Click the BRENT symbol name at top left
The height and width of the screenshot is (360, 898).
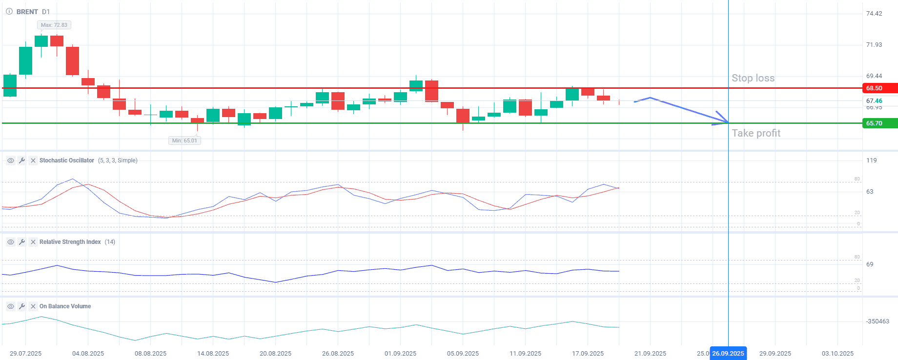[x=27, y=12]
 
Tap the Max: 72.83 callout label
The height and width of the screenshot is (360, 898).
[x=54, y=25]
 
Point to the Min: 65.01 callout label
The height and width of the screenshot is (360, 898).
[x=184, y=140]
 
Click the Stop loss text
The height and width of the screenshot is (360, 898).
[x=753, y=78]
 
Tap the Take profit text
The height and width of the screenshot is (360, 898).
[x=756, y=133]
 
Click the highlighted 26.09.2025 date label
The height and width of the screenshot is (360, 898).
[x=728, y=354]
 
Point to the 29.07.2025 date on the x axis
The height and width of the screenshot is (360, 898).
[x=25, y=354]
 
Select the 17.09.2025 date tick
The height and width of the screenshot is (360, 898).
[x=588, y=354]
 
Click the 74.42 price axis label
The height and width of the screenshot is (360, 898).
[x=874, y=14]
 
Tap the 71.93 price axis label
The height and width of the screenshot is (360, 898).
[x=874, y=45]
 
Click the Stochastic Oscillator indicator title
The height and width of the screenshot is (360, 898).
[x=67, y=160]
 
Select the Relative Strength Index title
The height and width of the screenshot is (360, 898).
[x=70, y=242]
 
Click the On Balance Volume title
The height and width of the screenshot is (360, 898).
[x=65, y=306]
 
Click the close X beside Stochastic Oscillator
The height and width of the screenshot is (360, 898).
[x=33, y=160]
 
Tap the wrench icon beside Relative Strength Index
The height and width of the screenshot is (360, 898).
[x=22, y=242]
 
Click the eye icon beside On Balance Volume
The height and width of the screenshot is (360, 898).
[x=10, y=306]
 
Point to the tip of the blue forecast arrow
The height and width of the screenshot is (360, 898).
[x=727, y=122]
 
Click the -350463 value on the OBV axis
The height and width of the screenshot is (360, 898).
[x=878, y=321]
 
